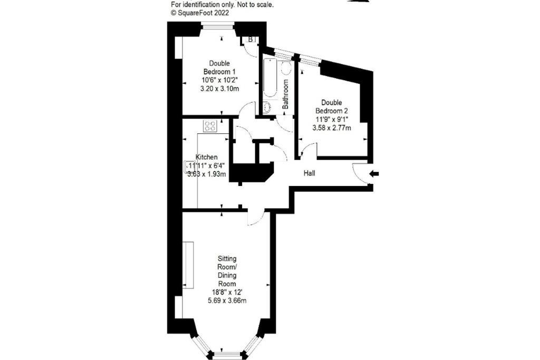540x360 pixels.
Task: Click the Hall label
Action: tap(309, 173)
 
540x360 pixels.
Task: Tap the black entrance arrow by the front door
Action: tap(374, 174)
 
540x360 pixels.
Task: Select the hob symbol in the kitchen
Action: tap(210, 126)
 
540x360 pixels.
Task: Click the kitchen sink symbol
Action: tap(188, 166)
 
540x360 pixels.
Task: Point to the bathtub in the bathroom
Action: tap(269, 77)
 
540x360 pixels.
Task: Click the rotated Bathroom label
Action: tap(285, 94)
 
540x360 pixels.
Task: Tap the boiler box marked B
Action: tap(250, 39)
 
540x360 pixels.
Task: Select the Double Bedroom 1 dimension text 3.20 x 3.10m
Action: tap(220, 89)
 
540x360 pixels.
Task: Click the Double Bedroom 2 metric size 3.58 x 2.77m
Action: tap(332, 128)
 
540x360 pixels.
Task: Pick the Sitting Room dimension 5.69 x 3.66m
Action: tap(227, 300)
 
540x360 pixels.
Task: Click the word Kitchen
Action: tap(206, 157)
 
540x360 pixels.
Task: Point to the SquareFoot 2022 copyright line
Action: tap(200, 13)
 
